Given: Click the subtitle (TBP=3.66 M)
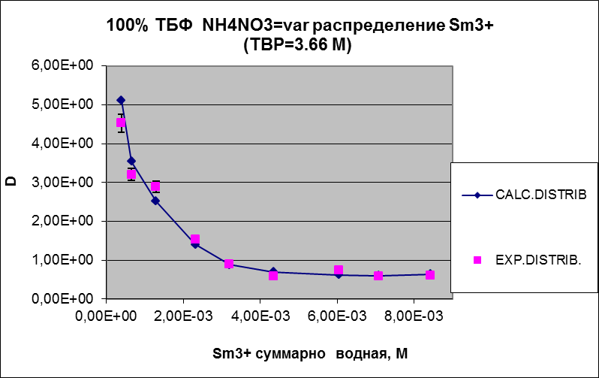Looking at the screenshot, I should click(299, 45).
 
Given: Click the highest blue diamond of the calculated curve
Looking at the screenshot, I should click(121, 100).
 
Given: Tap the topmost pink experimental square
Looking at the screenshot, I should click(121, 122).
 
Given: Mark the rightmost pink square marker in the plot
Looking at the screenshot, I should click(430, 275).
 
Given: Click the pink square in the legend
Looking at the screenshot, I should click(477, 260).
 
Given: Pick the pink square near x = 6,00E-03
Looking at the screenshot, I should click(339, 270).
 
